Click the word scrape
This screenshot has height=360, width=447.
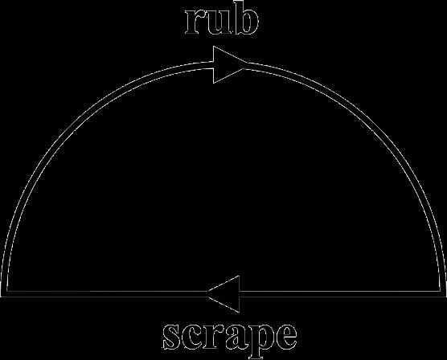point(230,340)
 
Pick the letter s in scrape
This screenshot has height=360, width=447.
point(173,337)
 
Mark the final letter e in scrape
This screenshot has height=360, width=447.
point(286,337)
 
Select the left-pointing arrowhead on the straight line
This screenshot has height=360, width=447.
point(224,294)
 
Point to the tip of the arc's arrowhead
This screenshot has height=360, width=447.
point(247,65)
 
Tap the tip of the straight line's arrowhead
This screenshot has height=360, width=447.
point(208,294)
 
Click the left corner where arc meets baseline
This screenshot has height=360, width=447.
point(4,294)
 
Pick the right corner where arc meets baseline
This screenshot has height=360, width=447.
point(443,294)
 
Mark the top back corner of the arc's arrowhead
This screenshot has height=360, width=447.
point(213,47)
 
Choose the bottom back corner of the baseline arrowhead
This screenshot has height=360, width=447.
point(240,312)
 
